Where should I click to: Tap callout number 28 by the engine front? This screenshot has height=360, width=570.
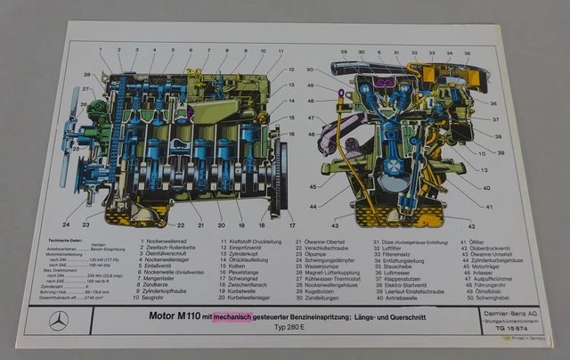point(88,74)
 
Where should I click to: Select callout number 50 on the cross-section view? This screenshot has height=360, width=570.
point(310,69)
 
